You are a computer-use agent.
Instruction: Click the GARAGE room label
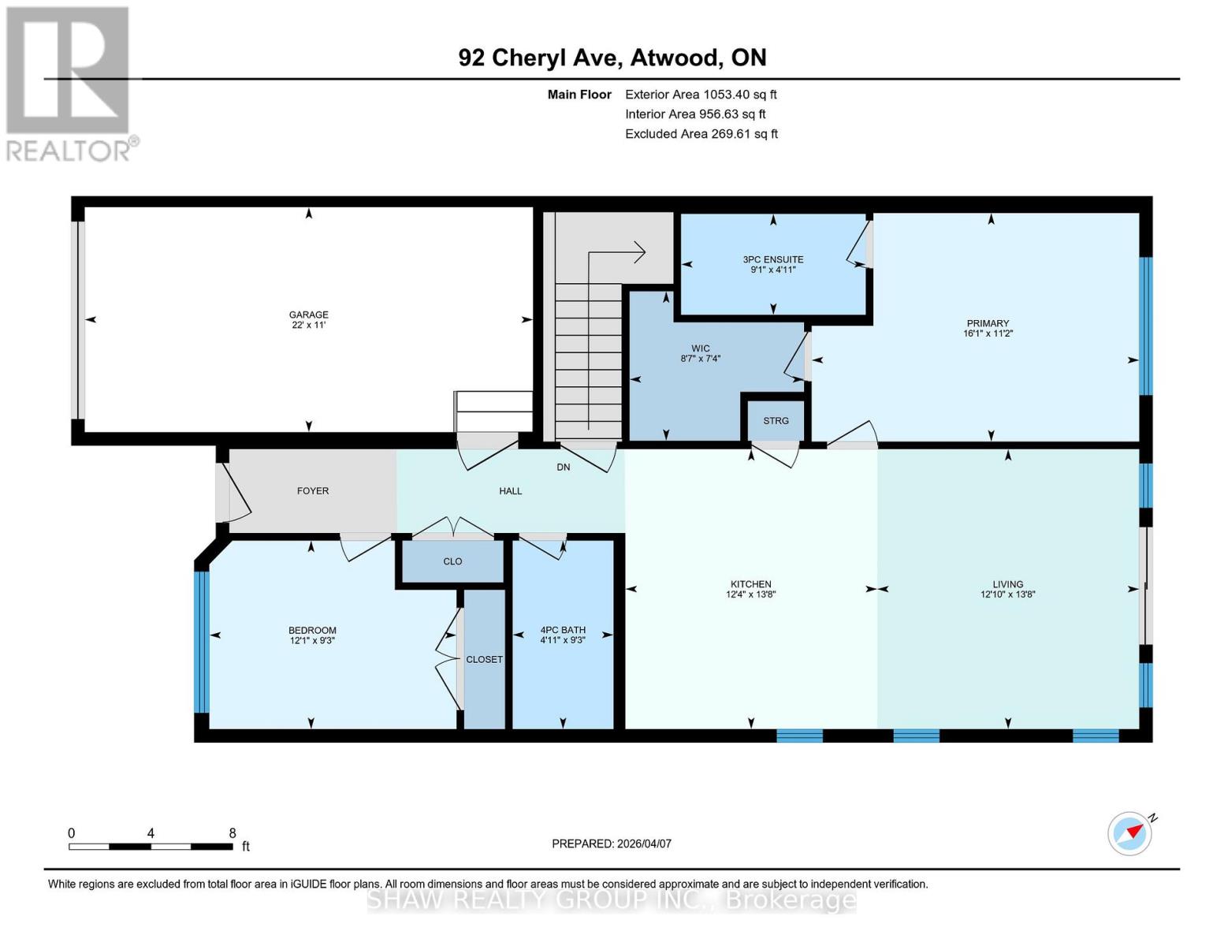(x=308, y=315)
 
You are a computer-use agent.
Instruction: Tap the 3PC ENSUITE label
(x=772, y=259)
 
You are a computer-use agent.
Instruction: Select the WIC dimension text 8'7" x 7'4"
(x=700, y=359)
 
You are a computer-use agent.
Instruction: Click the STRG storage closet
(x=776, y=421)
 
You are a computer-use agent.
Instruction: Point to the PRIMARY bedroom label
(x=988, y=323)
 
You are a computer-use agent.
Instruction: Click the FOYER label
(x=313, y=491)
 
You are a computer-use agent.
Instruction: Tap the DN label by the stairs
(x=563, y=467)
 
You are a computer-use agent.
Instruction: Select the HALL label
(x=510, y=491)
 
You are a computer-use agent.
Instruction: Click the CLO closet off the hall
(x=452, y=562)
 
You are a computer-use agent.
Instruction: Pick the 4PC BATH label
(x=562, y=630)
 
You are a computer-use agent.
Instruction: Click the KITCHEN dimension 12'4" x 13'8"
(x=750, y=595)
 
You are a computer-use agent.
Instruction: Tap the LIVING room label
(x=1007, y=585)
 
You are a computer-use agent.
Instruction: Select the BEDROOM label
(x=312, y=630)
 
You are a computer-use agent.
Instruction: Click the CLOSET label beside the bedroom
(x=484, y=660)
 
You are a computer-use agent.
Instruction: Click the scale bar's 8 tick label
(x=232, y=833)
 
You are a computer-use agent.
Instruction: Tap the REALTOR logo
(x=69, y=83)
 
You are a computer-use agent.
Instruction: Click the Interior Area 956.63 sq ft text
(x=695, y=114)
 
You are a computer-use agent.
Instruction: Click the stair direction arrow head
(x=641, y=252)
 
